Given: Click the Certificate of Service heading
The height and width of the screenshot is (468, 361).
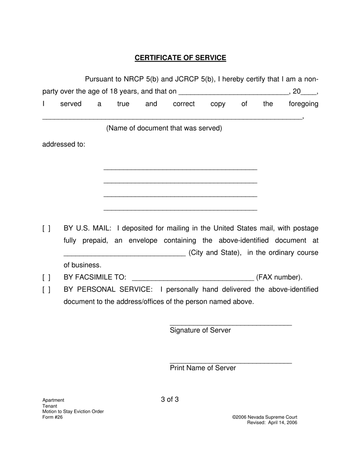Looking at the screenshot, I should pos(180,58).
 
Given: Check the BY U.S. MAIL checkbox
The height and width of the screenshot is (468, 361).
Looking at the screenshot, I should pos(46,228).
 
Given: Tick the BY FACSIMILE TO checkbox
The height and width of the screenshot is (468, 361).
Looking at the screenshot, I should pos(46,277).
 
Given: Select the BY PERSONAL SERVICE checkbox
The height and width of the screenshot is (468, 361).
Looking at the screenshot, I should pos(46,290).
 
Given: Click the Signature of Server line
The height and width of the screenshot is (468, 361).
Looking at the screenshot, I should pos(231,323).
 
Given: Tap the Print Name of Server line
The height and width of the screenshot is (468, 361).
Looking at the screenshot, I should pos(231,361).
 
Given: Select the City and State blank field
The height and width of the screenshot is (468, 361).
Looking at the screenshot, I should pos(124,253).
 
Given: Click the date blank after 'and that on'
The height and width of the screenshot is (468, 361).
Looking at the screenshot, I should pos(233,92).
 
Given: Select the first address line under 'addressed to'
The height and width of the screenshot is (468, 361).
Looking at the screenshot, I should pos(180,168).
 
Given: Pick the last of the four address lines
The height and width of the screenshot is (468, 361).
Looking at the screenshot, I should pos(180,209).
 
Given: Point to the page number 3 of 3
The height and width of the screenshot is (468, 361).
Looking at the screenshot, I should pos(170,400).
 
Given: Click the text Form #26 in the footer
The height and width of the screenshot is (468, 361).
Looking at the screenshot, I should pos(52,417).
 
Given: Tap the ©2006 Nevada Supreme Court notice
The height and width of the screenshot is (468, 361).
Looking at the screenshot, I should pos(264,417).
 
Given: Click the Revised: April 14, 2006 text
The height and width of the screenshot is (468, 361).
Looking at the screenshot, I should pos(272,423).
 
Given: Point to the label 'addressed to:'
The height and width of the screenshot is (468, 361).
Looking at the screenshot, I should pos(64,145).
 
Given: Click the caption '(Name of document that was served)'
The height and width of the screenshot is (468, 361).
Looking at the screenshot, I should pos(164,128).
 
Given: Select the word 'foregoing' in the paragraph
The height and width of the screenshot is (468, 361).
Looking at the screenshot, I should pos(303,104).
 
